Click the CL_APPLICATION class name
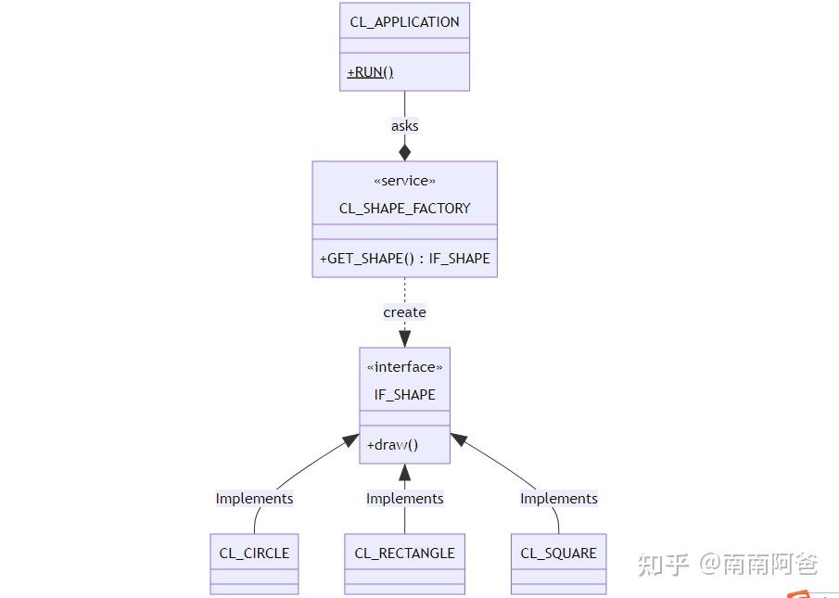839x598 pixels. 404,21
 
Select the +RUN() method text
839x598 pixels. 370,72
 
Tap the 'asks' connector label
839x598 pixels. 404,126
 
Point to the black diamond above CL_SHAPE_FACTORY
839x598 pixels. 404,151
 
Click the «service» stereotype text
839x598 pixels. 404,181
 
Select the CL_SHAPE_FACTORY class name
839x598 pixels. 404,209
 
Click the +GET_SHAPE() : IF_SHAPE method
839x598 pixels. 404,259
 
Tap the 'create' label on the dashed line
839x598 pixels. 404,312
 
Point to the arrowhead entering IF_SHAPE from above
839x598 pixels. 404,338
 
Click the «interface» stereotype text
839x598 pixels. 404,367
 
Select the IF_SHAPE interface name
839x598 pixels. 404,395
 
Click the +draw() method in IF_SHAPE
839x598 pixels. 392,445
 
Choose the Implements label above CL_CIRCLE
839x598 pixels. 254,499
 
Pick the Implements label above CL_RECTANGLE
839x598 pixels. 404,499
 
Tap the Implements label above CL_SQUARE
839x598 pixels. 558,499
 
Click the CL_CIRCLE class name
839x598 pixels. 254,553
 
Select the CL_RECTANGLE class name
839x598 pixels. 404,553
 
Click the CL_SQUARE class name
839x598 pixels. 558,553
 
